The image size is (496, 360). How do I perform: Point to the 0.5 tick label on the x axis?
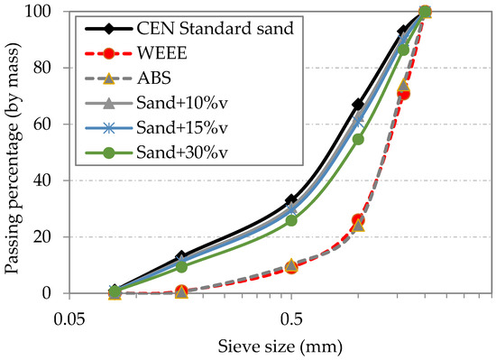click(290, 319)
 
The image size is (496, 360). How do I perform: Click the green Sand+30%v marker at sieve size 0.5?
click(291, 220)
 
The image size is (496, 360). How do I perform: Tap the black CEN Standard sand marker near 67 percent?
click(358, 105)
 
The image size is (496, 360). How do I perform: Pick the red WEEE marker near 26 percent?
click(358, 219)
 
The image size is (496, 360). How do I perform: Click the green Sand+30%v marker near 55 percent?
click(358, 139)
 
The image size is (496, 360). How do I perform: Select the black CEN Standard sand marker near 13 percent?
click(181, 256)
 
